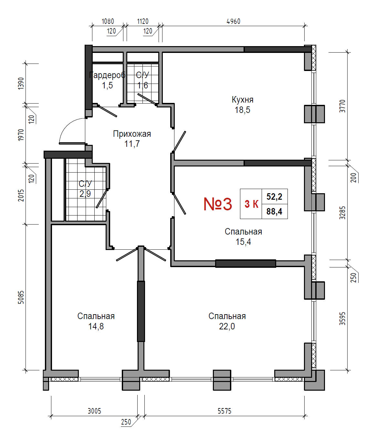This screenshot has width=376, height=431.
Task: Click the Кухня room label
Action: click(243, 100)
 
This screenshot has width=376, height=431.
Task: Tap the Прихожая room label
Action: click(132, 134)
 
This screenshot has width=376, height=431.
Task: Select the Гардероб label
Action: click(107, 75)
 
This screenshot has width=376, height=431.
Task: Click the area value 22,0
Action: click(227, 326)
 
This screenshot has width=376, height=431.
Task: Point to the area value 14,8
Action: click(96, 326)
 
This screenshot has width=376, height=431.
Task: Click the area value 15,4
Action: click(243, 242)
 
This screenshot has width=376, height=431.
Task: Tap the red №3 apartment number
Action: click(218, 204)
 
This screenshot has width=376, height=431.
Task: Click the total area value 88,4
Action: click(274, 212)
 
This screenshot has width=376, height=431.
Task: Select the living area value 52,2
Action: click(274, 196)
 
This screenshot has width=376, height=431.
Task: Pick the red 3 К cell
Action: click(251, 204)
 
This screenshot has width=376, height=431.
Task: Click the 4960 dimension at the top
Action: click(234, 22)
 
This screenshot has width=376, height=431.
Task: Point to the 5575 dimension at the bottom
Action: click(225, 411)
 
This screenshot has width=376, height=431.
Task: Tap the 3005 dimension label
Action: click(94, 411)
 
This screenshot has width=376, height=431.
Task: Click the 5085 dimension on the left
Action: click(21, 297)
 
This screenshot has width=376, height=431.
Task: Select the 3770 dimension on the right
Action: click(342, 106)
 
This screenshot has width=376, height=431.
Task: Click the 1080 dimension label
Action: click(108, 22)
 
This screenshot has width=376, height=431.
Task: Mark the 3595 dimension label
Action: click(342, 319)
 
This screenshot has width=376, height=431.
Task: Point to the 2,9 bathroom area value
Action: click(85, 194)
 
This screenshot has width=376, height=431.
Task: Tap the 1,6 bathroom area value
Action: click(142, 85)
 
